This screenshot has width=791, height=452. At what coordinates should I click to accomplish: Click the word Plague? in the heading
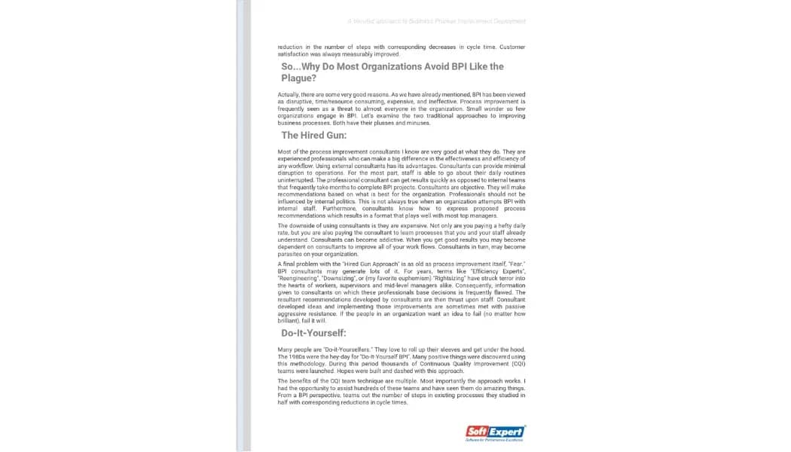point(299,78)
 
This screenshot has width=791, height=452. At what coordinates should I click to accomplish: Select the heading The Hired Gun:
point(313,136)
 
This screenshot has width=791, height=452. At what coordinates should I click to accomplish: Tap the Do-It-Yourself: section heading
point(313,333)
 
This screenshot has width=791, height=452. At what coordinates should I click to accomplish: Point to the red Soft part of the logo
point(478,432)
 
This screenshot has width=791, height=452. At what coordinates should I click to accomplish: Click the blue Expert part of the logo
point(506,432)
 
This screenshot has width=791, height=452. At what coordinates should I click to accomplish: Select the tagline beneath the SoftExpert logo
point(495,441)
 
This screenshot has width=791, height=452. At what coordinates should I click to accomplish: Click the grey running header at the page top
point(437,21)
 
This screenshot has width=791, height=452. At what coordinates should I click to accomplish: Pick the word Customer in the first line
point(512,47)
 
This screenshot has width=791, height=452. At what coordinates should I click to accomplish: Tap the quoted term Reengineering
point(300,279)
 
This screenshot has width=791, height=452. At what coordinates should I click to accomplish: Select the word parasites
point(292,254)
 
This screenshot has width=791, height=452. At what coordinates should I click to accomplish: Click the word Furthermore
point(326,208)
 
